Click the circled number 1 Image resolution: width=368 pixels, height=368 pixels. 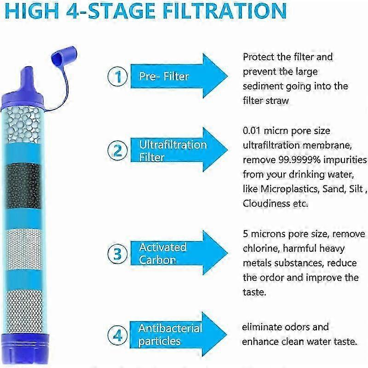click(x=118, y=76)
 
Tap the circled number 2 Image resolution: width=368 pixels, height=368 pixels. click(x=118, y=150)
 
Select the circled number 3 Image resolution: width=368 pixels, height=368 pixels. click(x=118, y=254)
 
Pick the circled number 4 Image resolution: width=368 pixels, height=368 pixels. click(x=118, y=335)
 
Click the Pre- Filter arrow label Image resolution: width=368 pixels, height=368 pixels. click(x=164, y=76)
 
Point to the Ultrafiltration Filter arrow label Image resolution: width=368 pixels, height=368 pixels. click(x=173, y=151)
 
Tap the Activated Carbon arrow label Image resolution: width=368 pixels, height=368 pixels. click(x=163, y=254)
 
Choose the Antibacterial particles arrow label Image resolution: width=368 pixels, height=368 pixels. click(x=170, y=335)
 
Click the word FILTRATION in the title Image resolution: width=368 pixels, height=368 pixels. click(x=224, y=11)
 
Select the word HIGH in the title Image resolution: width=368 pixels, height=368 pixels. click(x=32, y=11)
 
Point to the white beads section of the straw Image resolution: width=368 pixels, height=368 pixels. click(x=23, y=125)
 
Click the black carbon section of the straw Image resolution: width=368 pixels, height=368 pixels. click(x=23, y=186)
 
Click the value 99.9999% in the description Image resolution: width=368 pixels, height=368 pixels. click(x=299, y=160)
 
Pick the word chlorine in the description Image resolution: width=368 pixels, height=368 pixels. click(x=261, y=248)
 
